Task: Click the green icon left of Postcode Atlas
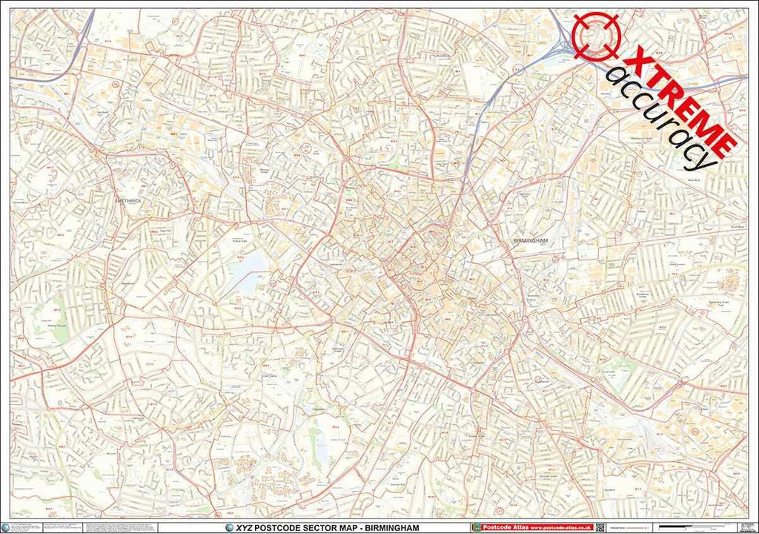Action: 475,527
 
